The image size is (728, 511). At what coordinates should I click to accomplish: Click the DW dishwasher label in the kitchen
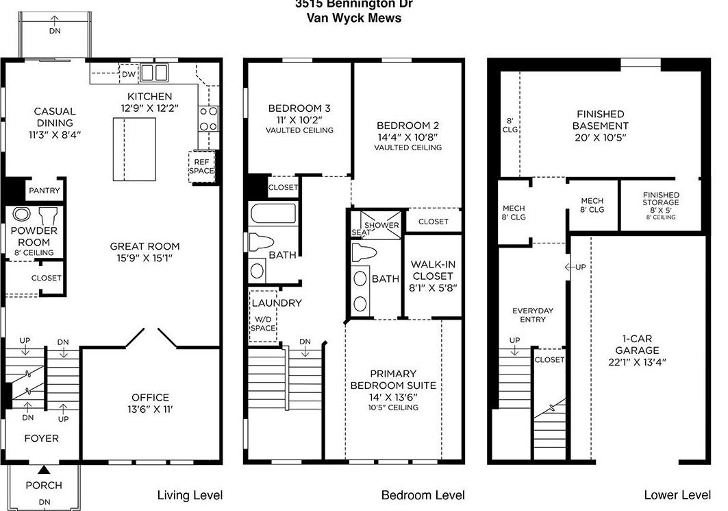click(x=129, y=75)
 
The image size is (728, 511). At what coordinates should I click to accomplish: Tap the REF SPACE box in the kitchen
click(x=201, y=166)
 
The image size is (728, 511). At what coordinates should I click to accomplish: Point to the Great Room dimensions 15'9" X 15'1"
click(x=145, y=259)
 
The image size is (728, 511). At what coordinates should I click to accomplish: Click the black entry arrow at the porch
click(x=44, y=470)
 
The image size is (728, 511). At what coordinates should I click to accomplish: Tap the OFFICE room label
click(x=150, y=397)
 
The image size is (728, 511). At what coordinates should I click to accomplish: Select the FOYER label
click(x=42, y=438)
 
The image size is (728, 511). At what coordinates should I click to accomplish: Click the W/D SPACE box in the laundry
click(x=264, y=323)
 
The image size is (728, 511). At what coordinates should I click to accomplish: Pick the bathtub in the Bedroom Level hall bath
click(x=273, y=214)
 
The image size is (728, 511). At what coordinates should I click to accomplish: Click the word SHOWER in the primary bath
click(x=381, y=225)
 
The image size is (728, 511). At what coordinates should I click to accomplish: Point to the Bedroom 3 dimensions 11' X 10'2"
click(x=299, y=119)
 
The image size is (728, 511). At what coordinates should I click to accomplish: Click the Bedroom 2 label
click(x=407, y=126)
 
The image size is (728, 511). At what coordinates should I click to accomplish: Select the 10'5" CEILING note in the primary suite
click(x=393, y=407)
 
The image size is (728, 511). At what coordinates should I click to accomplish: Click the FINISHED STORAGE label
click(x=661, y=199)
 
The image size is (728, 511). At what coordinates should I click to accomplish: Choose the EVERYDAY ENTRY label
click(x=533, y=315)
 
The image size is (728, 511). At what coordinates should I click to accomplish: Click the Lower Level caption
click(x=677, y=495)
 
